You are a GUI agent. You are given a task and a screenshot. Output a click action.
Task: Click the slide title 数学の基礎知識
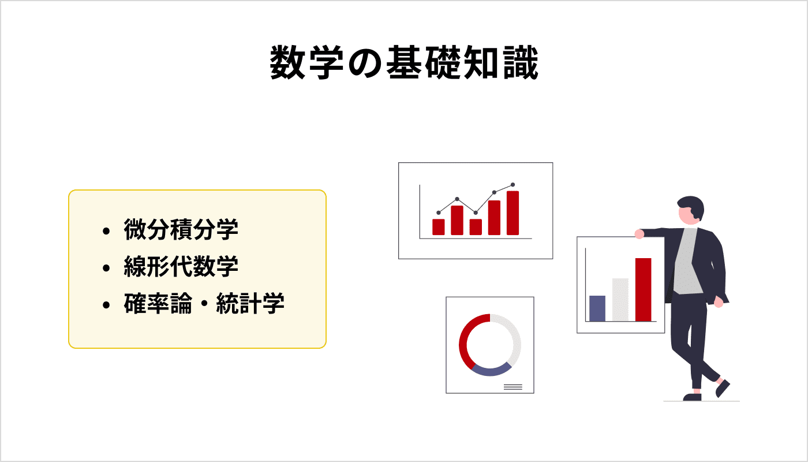404,63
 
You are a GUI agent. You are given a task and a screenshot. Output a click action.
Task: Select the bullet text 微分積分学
181,230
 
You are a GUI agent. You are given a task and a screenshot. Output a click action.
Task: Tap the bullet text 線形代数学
181,267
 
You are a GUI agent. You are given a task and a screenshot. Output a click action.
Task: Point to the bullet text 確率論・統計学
204,304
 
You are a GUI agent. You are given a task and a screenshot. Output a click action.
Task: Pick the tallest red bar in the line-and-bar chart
513,213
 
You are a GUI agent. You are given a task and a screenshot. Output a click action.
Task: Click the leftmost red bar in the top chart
439,227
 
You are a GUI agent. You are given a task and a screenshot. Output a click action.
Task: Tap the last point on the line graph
513,185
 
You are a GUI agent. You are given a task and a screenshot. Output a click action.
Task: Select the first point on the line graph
439,213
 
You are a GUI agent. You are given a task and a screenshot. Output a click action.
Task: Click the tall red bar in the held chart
643,289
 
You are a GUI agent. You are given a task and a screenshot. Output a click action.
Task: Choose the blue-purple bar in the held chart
597,308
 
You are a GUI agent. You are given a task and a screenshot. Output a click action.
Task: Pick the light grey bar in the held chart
620,300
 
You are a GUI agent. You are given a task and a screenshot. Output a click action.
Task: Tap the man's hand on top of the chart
639,234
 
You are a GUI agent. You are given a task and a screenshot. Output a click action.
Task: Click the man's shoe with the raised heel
723,388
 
